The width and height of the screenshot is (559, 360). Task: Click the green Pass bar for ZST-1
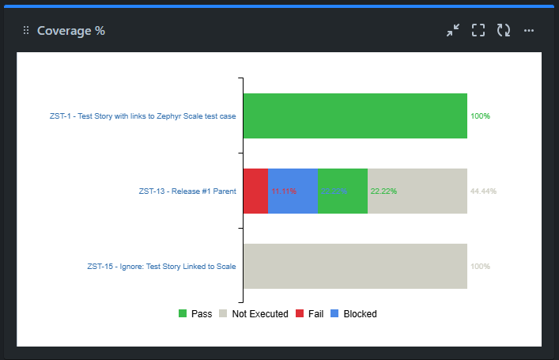coord(354,116)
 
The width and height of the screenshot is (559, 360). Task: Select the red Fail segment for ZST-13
coord(255,191)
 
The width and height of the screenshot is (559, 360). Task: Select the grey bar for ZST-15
coord(354,266)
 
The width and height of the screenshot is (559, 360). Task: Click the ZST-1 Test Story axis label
coord(142,116)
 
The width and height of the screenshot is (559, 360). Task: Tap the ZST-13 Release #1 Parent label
coord(187,191)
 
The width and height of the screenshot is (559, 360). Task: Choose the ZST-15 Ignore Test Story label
coord(161,266)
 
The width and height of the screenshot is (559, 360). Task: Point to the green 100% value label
coord(480,116)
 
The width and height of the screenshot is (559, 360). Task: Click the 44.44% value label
coord(483,191)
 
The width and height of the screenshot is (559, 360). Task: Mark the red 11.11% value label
coord(284,191)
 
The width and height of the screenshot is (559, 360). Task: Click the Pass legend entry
coord(195,314)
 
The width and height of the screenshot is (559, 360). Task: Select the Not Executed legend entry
coord(253,314)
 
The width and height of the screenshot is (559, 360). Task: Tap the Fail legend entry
coord(309,314)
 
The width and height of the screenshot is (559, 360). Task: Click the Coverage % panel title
coord(71,31)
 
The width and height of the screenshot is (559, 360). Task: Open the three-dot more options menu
coord(529,31)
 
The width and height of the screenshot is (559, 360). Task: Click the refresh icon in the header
coord(504,31)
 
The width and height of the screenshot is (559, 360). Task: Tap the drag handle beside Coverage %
coord(26,31)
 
